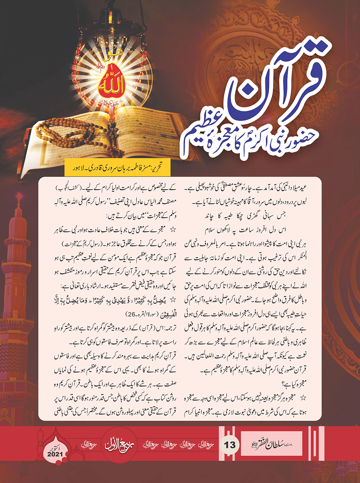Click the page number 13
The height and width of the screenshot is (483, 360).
230,445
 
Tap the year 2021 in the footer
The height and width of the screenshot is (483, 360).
55,454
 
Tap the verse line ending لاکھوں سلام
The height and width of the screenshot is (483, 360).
246,230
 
